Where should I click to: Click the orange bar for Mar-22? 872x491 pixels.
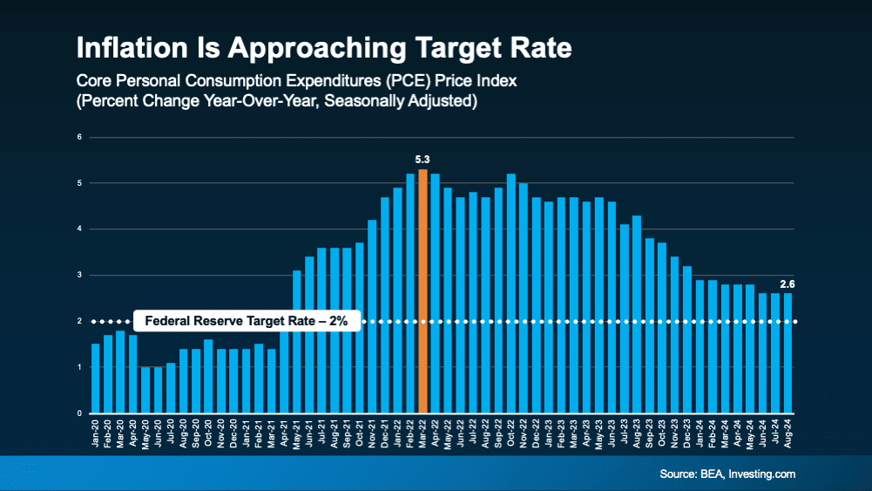coord(422,291)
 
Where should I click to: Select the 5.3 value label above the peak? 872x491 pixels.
coord(422,160)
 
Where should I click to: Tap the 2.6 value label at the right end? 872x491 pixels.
coord(788,284)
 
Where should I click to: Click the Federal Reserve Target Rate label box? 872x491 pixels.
coord(247,321)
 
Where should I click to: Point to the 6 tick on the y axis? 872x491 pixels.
coord(79,137)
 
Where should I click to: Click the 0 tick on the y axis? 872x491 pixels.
coord(79,413)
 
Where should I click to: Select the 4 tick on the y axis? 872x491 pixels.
coord(79,228)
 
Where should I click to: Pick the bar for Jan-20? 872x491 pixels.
coord(95,378)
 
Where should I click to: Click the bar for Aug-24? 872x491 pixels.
coord(788,353)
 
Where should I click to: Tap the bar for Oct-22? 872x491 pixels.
coord(511,293)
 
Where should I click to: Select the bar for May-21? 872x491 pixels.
coord(297,342)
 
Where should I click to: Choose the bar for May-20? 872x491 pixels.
coord(145,390)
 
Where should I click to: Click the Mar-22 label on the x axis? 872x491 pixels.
coord(422,433)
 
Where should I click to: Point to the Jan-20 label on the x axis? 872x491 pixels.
coord(95,433)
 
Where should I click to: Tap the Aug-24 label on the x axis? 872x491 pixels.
coord(788,433)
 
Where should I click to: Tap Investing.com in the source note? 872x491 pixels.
coord(762,474)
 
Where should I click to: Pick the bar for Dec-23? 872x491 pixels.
coord(686,339)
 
